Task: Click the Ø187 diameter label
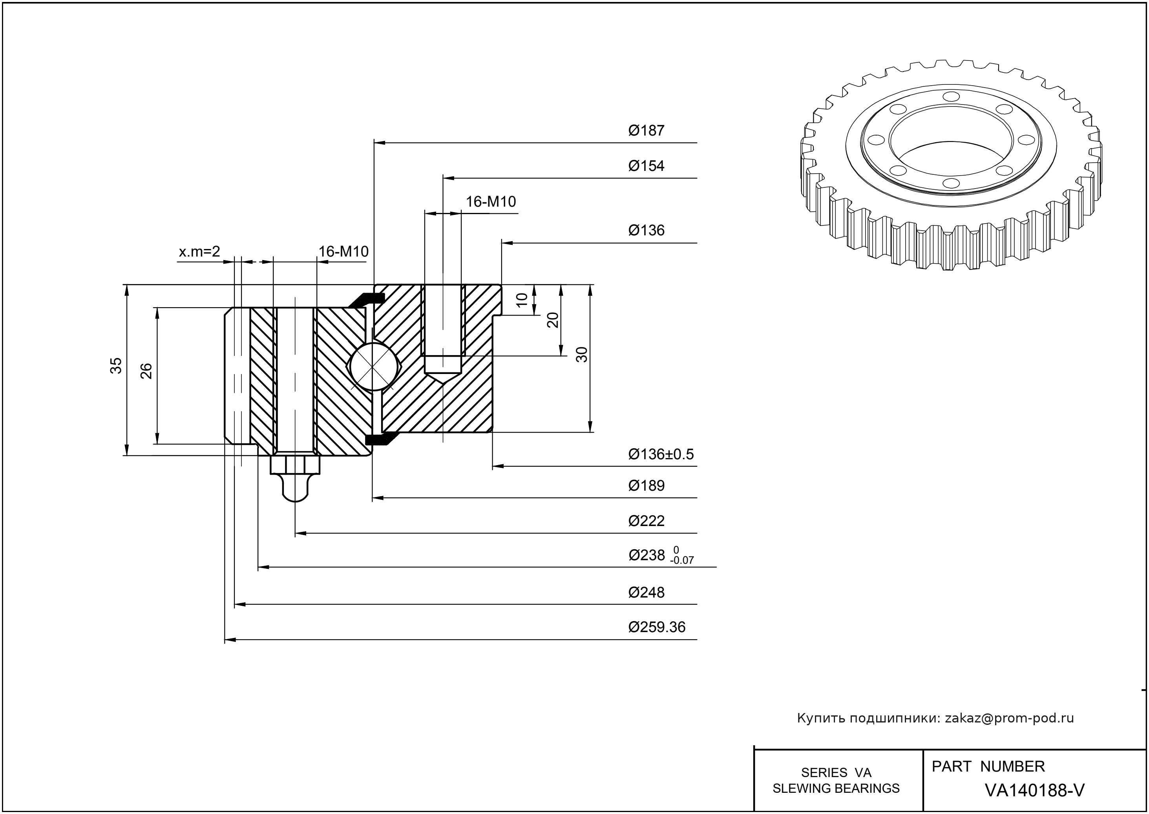(646, 131)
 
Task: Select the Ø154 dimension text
(646, 166)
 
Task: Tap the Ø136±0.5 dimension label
(661, 454)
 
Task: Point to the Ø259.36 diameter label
(657, 627)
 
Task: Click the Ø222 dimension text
(646, 521)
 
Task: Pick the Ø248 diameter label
(646, 592)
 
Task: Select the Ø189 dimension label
(646, 486)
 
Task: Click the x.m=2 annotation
(199, 251)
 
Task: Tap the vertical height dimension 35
(116, 365)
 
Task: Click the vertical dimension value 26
(146, 371)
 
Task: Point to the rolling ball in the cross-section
(372, 366)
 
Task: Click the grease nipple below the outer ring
(295, 478)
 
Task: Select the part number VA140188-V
(1034, 790)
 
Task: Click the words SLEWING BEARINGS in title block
(836, 788)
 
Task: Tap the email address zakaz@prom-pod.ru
(1009, 718)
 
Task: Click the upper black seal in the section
(368, 299)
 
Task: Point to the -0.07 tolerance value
(682, 560)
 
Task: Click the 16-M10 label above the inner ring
(491, 202)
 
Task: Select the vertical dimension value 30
(582, 354)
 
